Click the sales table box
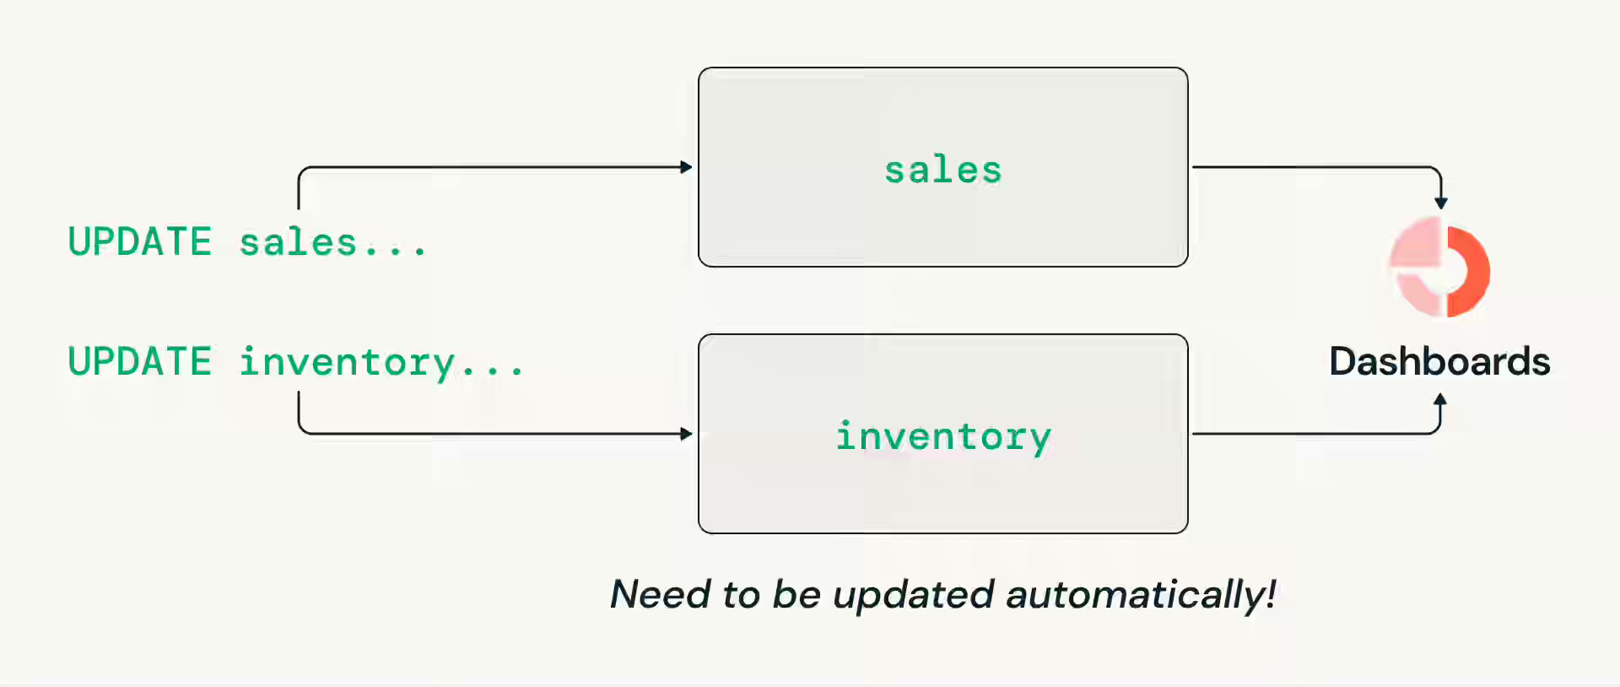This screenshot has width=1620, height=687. pyautogui.click(x=943, y=167)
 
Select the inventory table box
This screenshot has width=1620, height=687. pyautogui.click(x=943, y=434)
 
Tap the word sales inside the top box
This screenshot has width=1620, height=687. pyautogui.click(x=943, y=170)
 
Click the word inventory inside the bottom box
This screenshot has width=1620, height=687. pyautogui.click(x=943, y=437)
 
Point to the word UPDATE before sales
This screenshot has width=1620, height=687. pyautogui.click(x=140, y=241)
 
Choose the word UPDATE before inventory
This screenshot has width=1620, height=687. pyautogui.click(x=140, y=361)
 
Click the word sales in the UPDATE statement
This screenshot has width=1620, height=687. pyautogui.click(x=298, y=243)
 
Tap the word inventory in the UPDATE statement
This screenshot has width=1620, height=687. pyautogui.click(x=348, y=363)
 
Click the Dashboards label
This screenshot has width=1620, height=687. pyautogui.click(x=1439, y=361)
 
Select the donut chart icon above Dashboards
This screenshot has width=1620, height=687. pyautogui.click(x=1440, y=267)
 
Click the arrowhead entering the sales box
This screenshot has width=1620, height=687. pyautogui.click(x=686, y=167)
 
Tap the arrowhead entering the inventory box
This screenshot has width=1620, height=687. pyautogui.click(x=686, y=434)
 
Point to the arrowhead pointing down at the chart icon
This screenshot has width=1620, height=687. pyautogui.click(x=1441, y=203)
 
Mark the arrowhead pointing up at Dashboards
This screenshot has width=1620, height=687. pyautogui.click(x=1440, y=399)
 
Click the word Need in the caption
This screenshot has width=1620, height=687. pyautogui.click(x=661, y=594)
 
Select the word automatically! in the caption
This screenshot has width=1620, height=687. pyautogui.click(x=1141, y=595)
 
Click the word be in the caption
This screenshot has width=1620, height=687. pyautogui.click(x=796, y=594)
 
